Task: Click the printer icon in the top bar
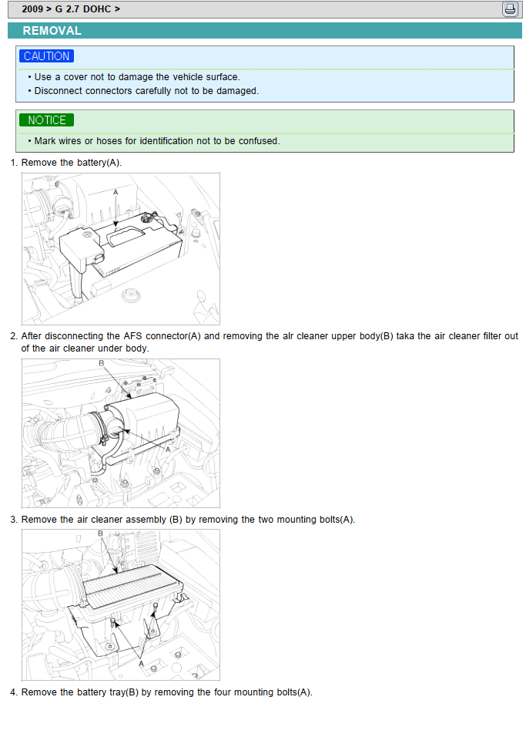point(510,9)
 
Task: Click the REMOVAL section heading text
point(52,31)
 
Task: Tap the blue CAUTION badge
point(47,56)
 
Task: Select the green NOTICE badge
point(47,120)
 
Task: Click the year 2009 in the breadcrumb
point(32,9)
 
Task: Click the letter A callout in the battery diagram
point(116,191)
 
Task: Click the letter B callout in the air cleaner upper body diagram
point(101,364)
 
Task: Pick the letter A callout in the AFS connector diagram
point(168,449)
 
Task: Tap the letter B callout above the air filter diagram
point(100,533)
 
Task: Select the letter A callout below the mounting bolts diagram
point(141,662)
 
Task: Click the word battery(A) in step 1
point(99,163)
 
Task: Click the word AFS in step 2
point(139,336)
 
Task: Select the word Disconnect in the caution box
point(58,90)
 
